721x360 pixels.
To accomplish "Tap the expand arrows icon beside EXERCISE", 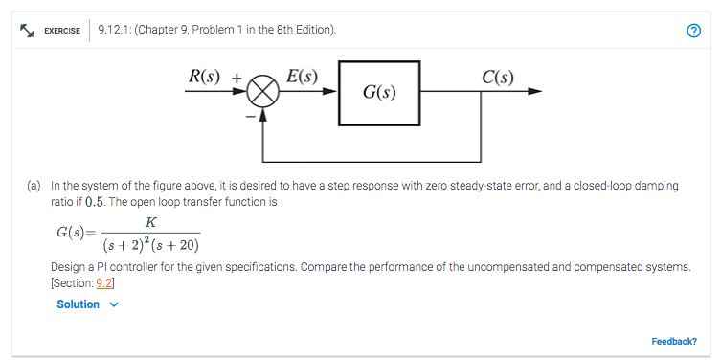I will (x=28, y=30).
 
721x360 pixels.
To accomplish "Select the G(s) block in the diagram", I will (x=378, y=93).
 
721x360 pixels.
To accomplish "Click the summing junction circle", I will (x=263, y=93).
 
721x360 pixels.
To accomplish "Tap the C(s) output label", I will (x=498, y=78).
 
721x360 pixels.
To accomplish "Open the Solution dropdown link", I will (x=78, y=304).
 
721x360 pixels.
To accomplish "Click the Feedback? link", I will (x=673, y=341).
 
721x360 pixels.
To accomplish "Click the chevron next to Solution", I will (x=115, y=304).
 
